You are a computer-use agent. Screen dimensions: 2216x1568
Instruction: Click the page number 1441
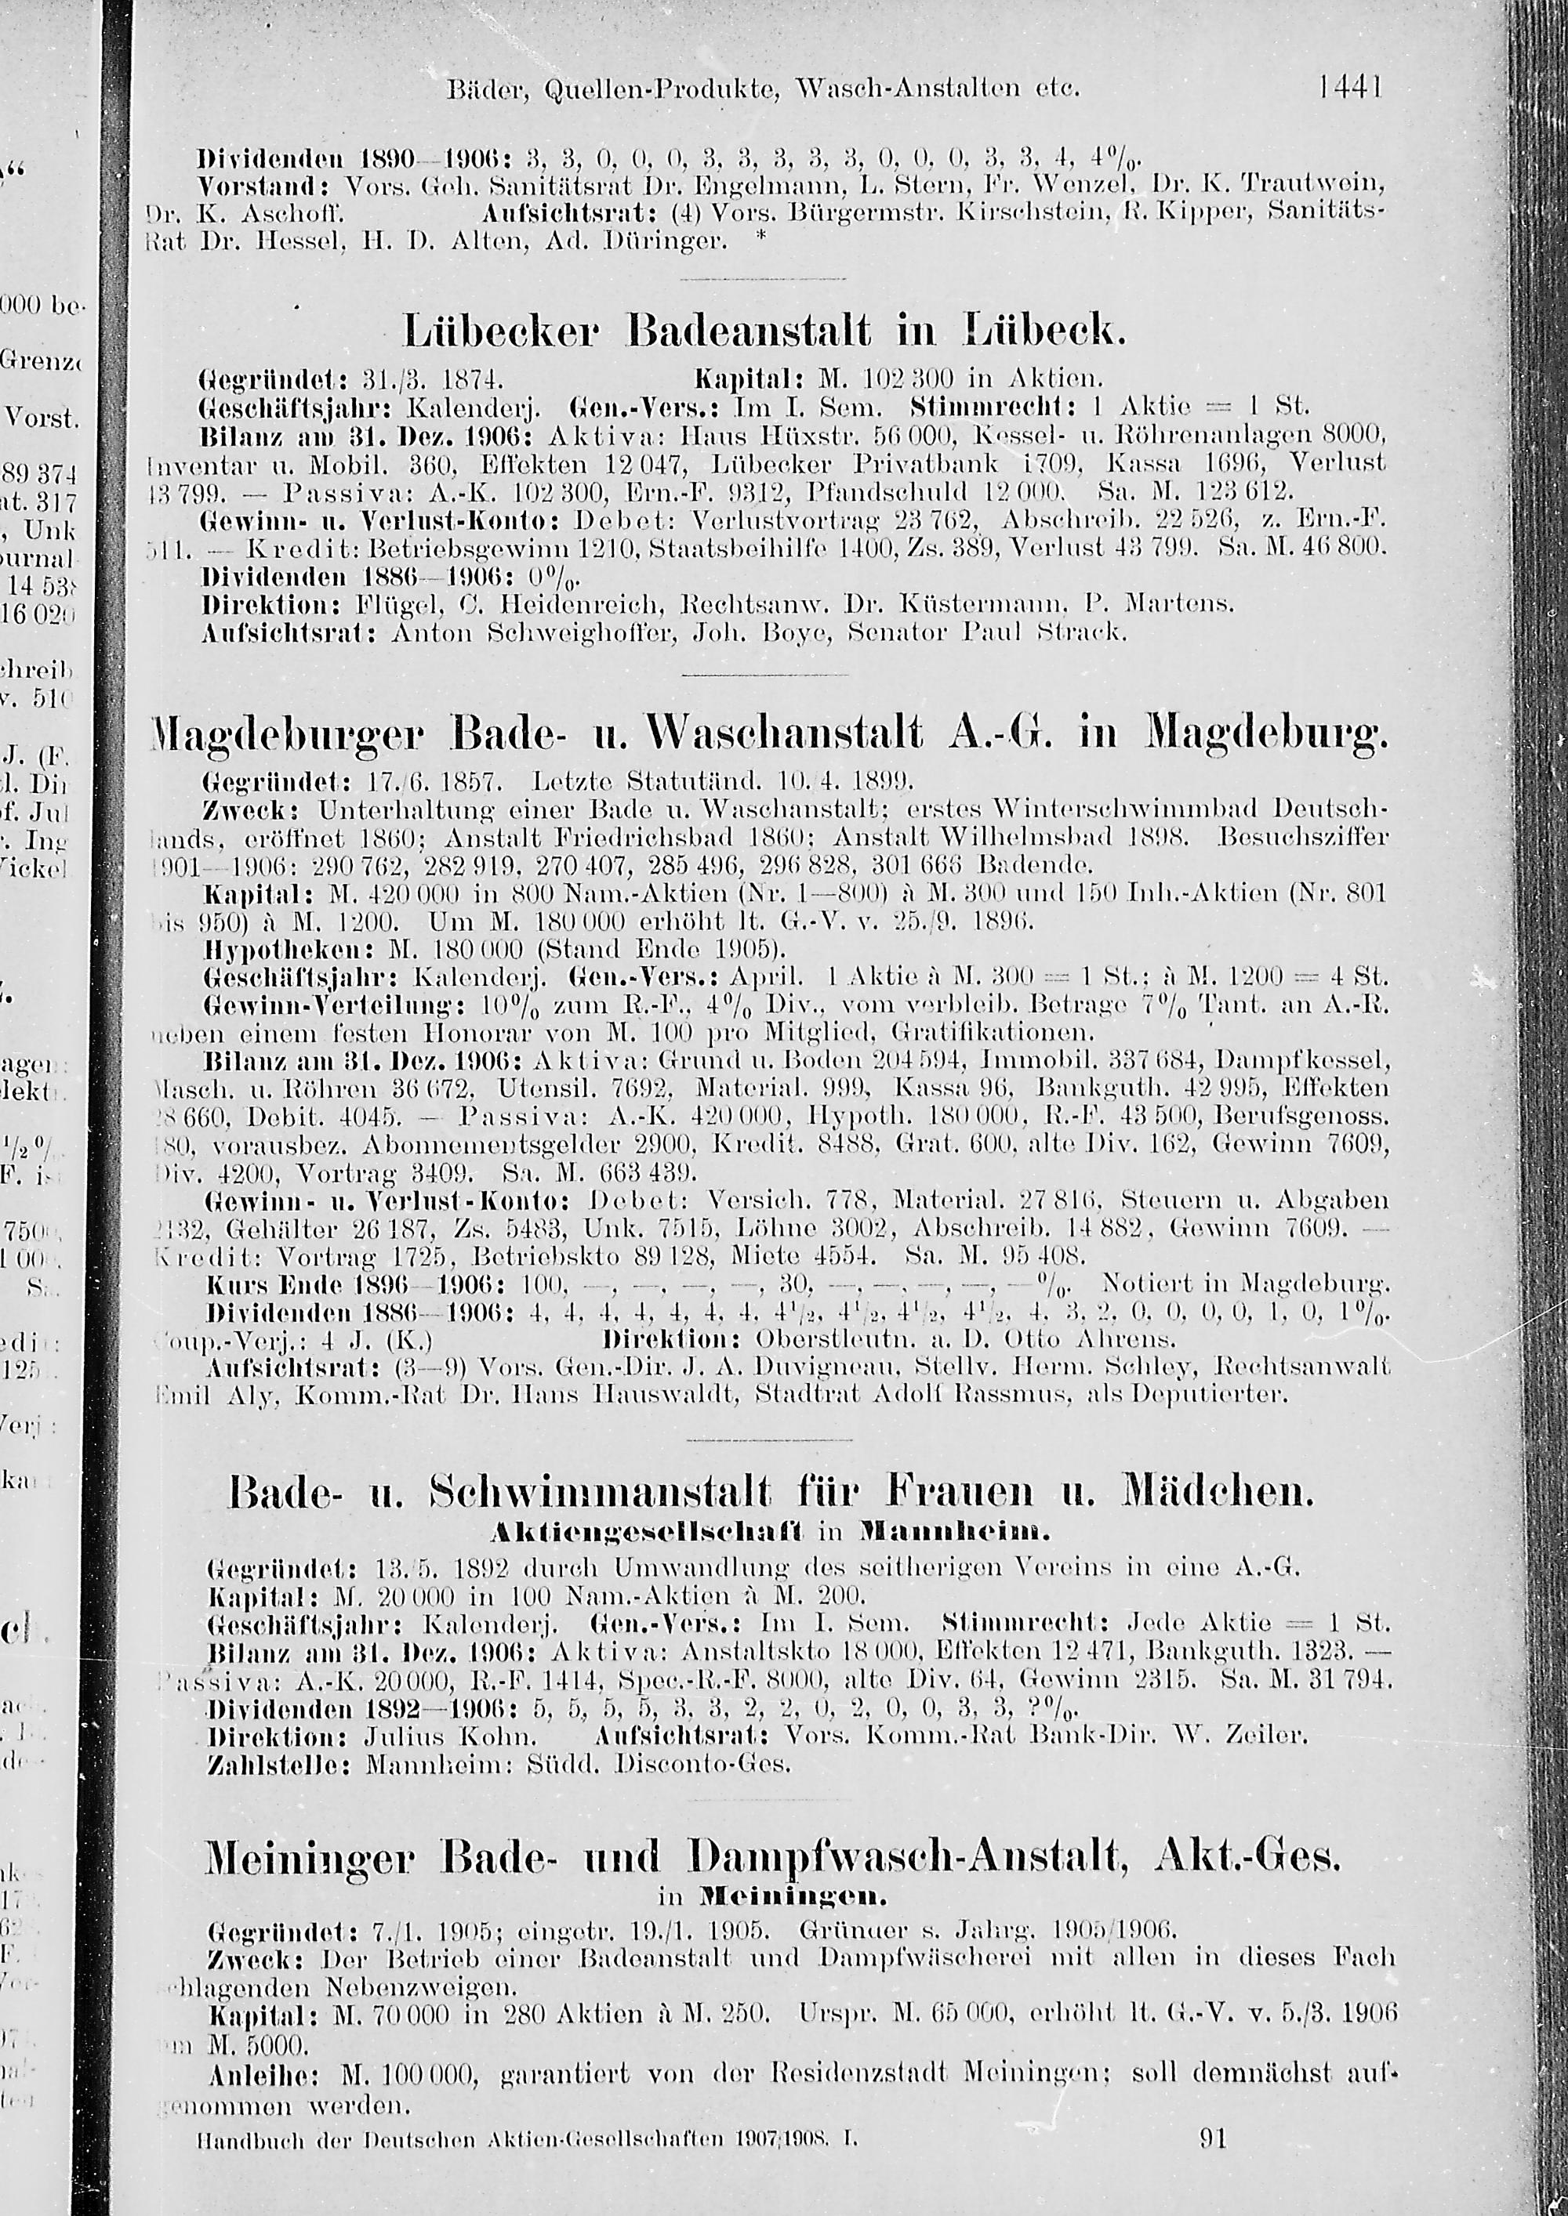pyautogui.click(x=1351, y=87)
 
